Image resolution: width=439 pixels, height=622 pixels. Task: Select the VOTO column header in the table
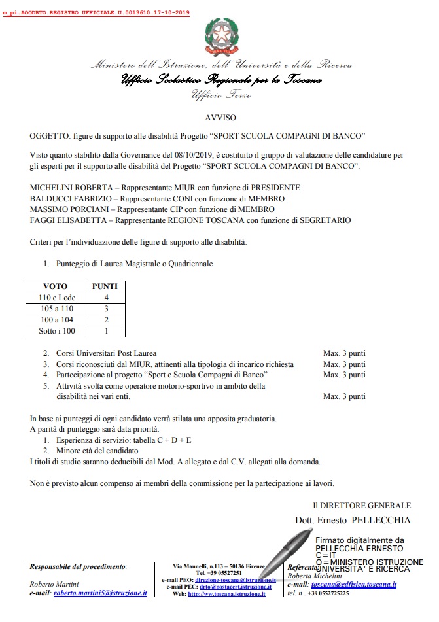(x=55, y=286)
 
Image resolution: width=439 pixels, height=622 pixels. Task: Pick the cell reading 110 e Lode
(x=58, y=298)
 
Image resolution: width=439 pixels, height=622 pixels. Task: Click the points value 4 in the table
(x=106, y=298)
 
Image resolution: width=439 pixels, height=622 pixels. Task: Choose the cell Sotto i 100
(x=58, y=332)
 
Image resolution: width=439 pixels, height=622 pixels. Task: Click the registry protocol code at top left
(x=96, y=13)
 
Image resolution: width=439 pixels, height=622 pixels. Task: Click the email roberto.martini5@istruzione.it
(x=100, y=593)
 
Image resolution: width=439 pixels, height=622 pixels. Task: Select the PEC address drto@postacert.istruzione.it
(x=235, y=586)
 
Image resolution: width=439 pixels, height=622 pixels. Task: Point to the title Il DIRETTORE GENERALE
(x=361, y=505)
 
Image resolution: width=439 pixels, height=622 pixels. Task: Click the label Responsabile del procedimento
(x=79, y=566)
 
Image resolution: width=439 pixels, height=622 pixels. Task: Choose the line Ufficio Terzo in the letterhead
(x=221, y=95)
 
